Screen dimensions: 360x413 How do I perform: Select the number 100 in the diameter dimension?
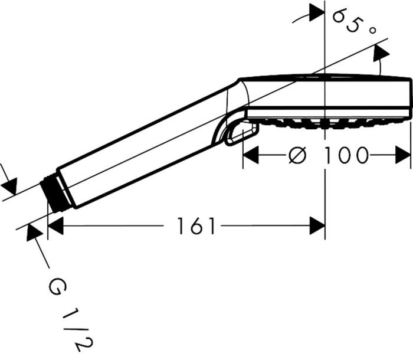click(346, 156)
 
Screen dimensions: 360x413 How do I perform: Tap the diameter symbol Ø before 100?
click(298, 156)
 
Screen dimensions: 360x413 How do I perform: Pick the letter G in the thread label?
click(57, 289)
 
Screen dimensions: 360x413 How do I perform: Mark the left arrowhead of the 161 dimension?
click(55, 225)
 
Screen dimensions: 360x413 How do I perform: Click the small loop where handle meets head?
click(236, 131)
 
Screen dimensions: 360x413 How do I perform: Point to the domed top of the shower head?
click(324, 80)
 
